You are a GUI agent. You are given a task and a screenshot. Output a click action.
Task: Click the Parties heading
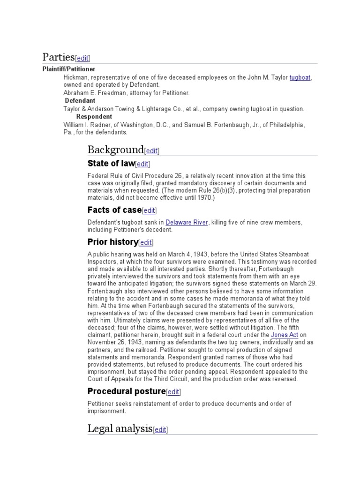[59, 57]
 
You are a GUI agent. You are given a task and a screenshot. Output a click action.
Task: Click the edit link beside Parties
[82, 59]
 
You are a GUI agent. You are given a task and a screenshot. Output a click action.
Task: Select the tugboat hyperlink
[300, 77]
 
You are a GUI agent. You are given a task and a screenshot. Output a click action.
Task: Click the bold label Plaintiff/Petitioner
[69, 69]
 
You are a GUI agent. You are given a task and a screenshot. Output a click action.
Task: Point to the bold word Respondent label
[94, 116]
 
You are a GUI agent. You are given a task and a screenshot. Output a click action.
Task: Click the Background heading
[115, 150]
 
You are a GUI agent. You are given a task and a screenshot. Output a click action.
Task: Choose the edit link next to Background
[152, 151]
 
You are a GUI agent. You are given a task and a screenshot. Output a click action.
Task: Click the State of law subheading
[111, 164]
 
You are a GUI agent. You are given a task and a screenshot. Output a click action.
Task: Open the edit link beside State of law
[143, 164]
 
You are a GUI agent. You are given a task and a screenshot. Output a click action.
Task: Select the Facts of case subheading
[114, 210]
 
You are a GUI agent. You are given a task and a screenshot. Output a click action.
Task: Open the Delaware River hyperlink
[187, 222]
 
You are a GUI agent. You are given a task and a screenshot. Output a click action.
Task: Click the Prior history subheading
[112, 242]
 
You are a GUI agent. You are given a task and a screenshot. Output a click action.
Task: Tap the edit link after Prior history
[146, 243]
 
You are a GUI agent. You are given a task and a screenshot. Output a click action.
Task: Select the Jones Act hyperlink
[285, 335]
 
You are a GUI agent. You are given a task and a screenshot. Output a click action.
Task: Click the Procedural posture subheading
[127, 391]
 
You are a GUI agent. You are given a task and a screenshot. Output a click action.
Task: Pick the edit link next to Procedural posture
[173, 392]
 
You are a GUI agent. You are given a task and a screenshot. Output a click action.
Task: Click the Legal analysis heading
[120, 428]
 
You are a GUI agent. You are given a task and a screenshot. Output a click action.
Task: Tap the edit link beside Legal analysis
[160, 429]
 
